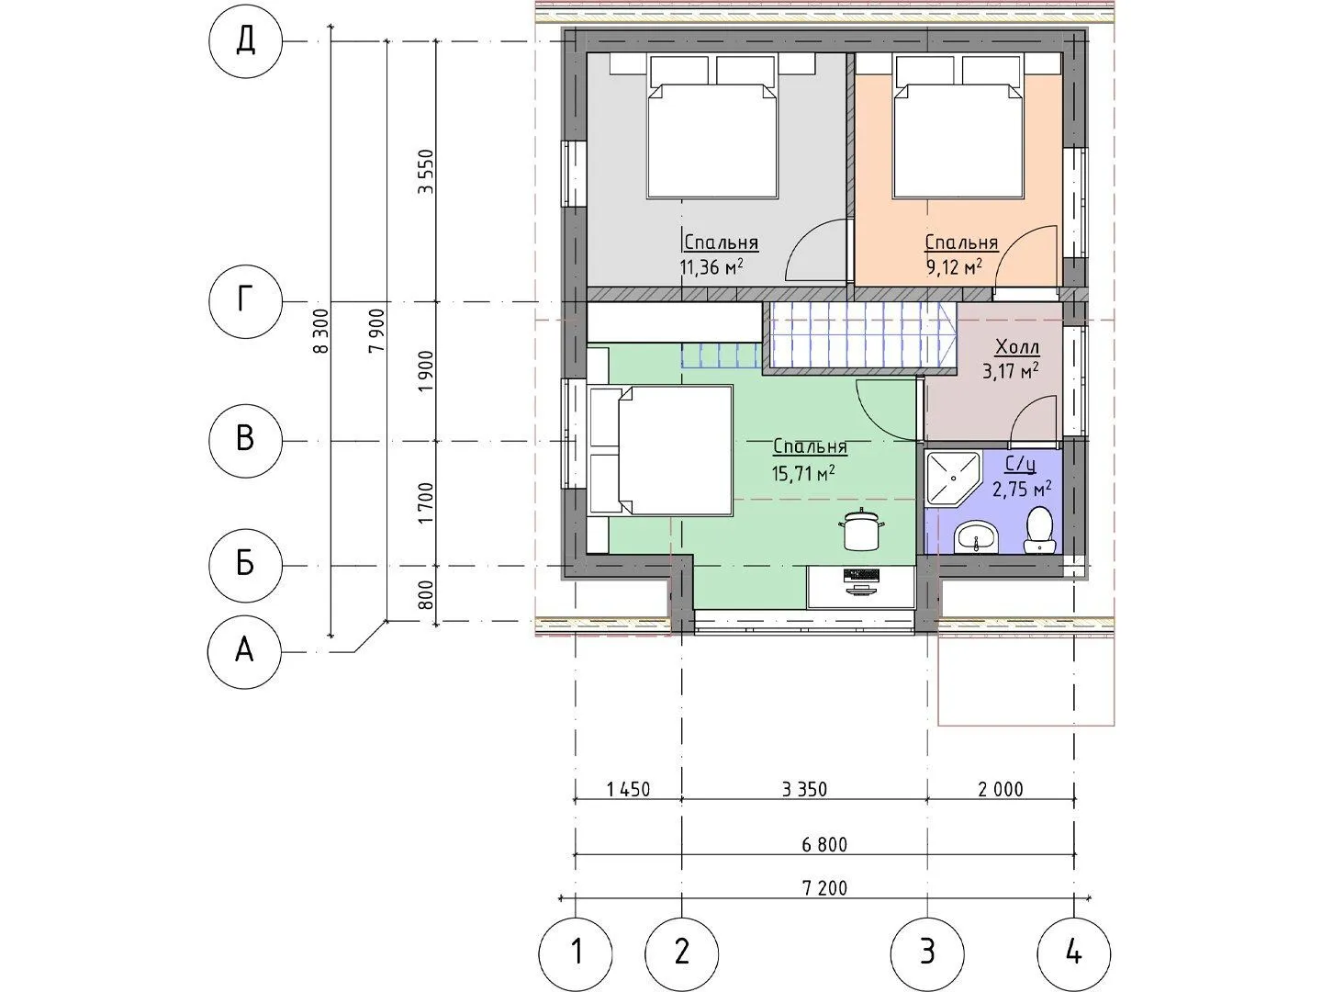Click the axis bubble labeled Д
[x=245, y=41]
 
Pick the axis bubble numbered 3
[x=927, y=953]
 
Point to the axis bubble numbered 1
[x=576, y=953]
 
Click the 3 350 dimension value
[x=804, y=789]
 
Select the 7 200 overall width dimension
[x=823, y=888]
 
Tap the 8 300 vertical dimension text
[x=322, y=331]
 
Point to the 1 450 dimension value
[x=628, y=789]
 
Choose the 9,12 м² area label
[x=955, y=266]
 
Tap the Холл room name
[x=1017, y=347]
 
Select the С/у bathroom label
[x=1021, y=465]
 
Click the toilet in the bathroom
[x=1040, y=530]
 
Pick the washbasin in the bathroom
[x=977, y=536]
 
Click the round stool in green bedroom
[x=861, y=530]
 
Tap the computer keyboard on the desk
[x=861, y=575]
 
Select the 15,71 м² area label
[x=803, y=473]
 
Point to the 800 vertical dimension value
[x=426, y=594]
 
